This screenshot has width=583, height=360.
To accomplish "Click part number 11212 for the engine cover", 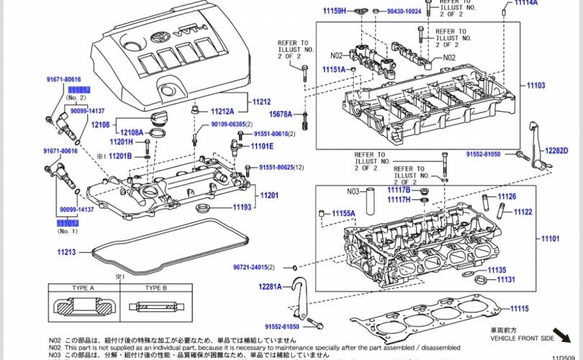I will click(261, 102).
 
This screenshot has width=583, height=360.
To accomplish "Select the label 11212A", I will click(222, 112).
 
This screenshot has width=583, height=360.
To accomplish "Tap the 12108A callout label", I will click(132, 132).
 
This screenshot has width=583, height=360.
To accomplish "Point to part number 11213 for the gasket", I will click(66, 252).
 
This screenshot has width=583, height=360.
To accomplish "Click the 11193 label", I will click(242, 207).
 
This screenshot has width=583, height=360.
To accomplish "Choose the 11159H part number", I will click(334, 11).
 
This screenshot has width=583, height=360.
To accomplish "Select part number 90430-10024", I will click(404, 12).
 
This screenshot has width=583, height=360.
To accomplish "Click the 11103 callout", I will click(535, 86).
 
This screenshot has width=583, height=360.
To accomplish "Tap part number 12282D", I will click(556, 150).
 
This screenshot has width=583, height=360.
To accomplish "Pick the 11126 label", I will click(507, 197).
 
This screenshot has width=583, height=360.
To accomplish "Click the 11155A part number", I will click(343, 213).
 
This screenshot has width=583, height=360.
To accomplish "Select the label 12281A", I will click(271, 287).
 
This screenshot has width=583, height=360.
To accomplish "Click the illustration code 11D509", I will click(566, 356).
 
